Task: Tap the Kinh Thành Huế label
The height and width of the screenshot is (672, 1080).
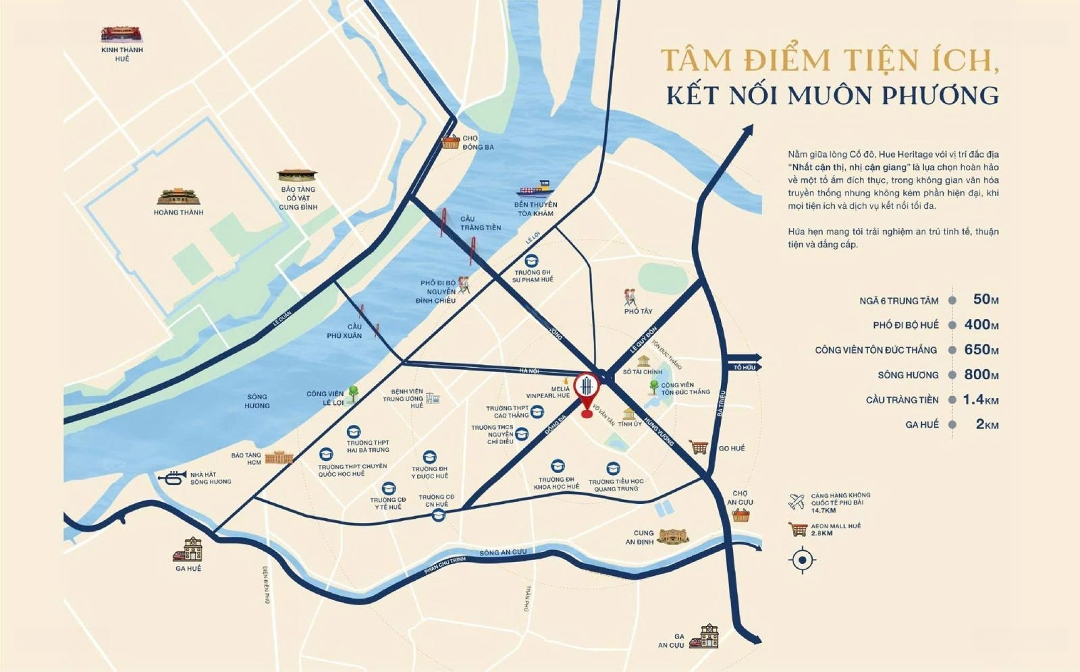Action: point(122,53)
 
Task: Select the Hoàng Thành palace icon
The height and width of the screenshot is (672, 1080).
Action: point(178,197)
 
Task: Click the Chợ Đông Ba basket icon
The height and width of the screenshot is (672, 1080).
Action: point(450,141)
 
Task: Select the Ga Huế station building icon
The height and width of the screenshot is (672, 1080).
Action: point(187,549)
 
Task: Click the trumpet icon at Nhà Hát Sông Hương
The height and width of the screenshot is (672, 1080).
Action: point(171,475)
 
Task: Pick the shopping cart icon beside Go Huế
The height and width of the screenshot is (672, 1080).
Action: point(699,447)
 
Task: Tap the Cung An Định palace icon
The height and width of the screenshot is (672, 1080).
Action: point(673,536)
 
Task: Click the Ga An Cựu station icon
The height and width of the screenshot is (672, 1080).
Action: point(710,635)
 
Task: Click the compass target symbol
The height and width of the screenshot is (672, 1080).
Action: point(802,560)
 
